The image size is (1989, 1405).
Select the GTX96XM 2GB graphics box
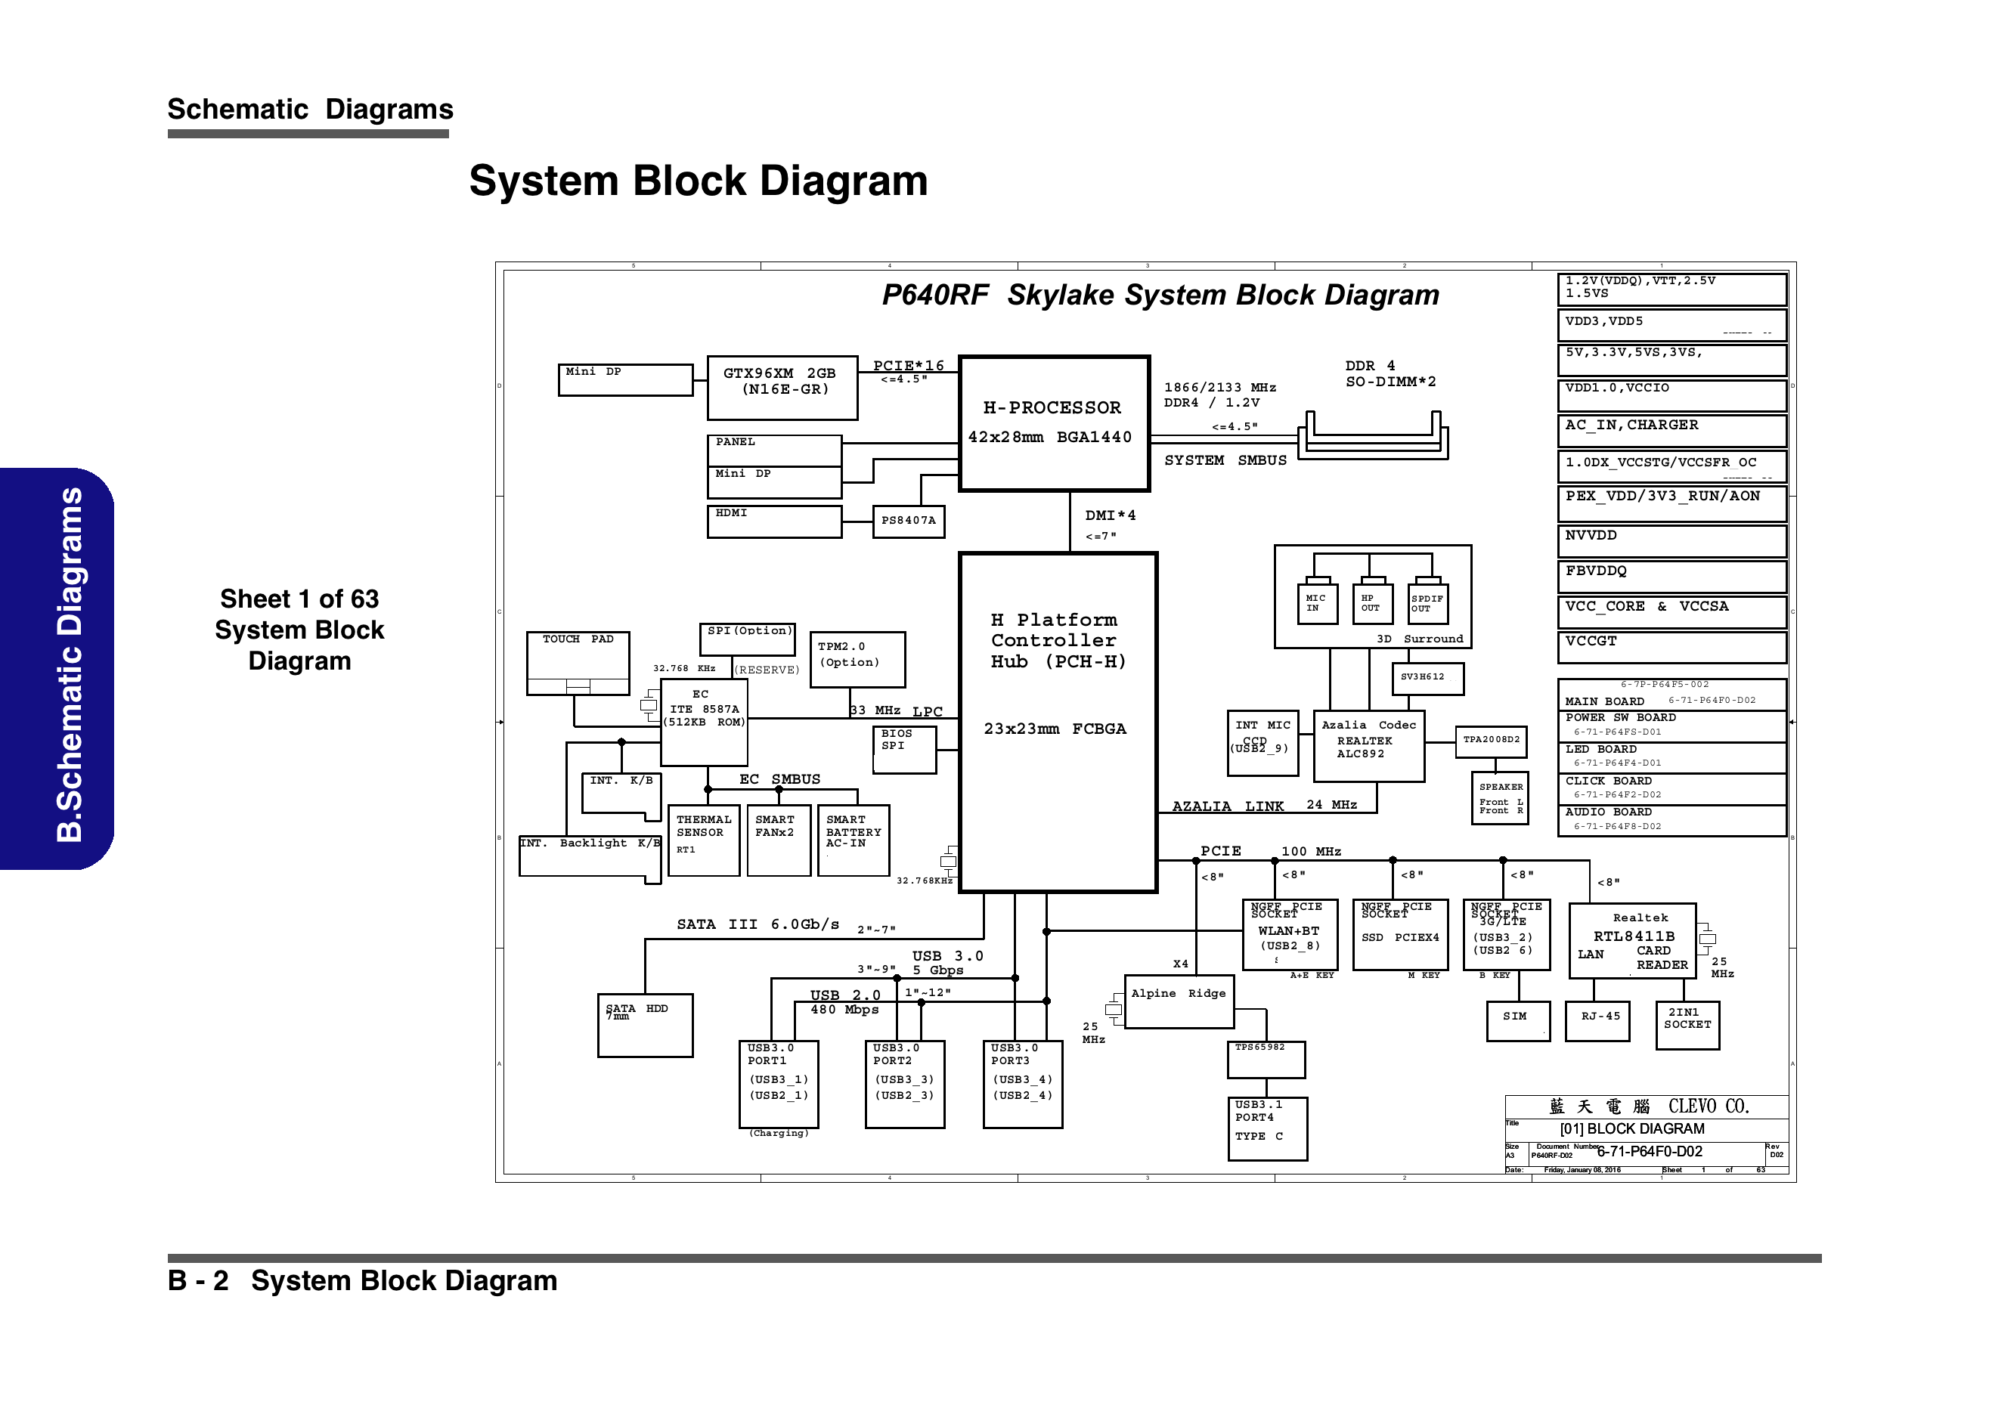[x=782, y=388]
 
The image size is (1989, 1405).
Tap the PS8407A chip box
[x=908, y=521]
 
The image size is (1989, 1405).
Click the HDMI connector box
[x=773, y=521]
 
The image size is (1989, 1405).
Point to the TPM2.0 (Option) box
[x=857, y=659]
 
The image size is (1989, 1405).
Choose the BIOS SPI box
[x=903, y=749]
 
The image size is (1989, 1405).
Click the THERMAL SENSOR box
[x=703, y=840]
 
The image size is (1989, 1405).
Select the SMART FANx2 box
[x=778, y=840]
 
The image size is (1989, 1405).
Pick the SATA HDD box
[x=645, y=1025]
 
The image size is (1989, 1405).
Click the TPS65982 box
[x=1266, y=1060]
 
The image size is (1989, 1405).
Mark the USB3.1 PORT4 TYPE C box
[x=1266, y=1128]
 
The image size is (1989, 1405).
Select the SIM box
[x=1514, y=1021]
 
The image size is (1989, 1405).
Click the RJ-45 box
[x=1598, y=1021]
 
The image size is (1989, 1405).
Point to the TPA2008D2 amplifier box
[x=1490, y=741]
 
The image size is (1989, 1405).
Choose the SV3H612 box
[x=1427, y=678]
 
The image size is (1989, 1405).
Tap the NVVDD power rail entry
[x=1671, y=541]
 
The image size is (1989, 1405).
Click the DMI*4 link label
[x=1110, y=516]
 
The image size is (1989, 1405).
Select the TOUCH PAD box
[x=578, y=663]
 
